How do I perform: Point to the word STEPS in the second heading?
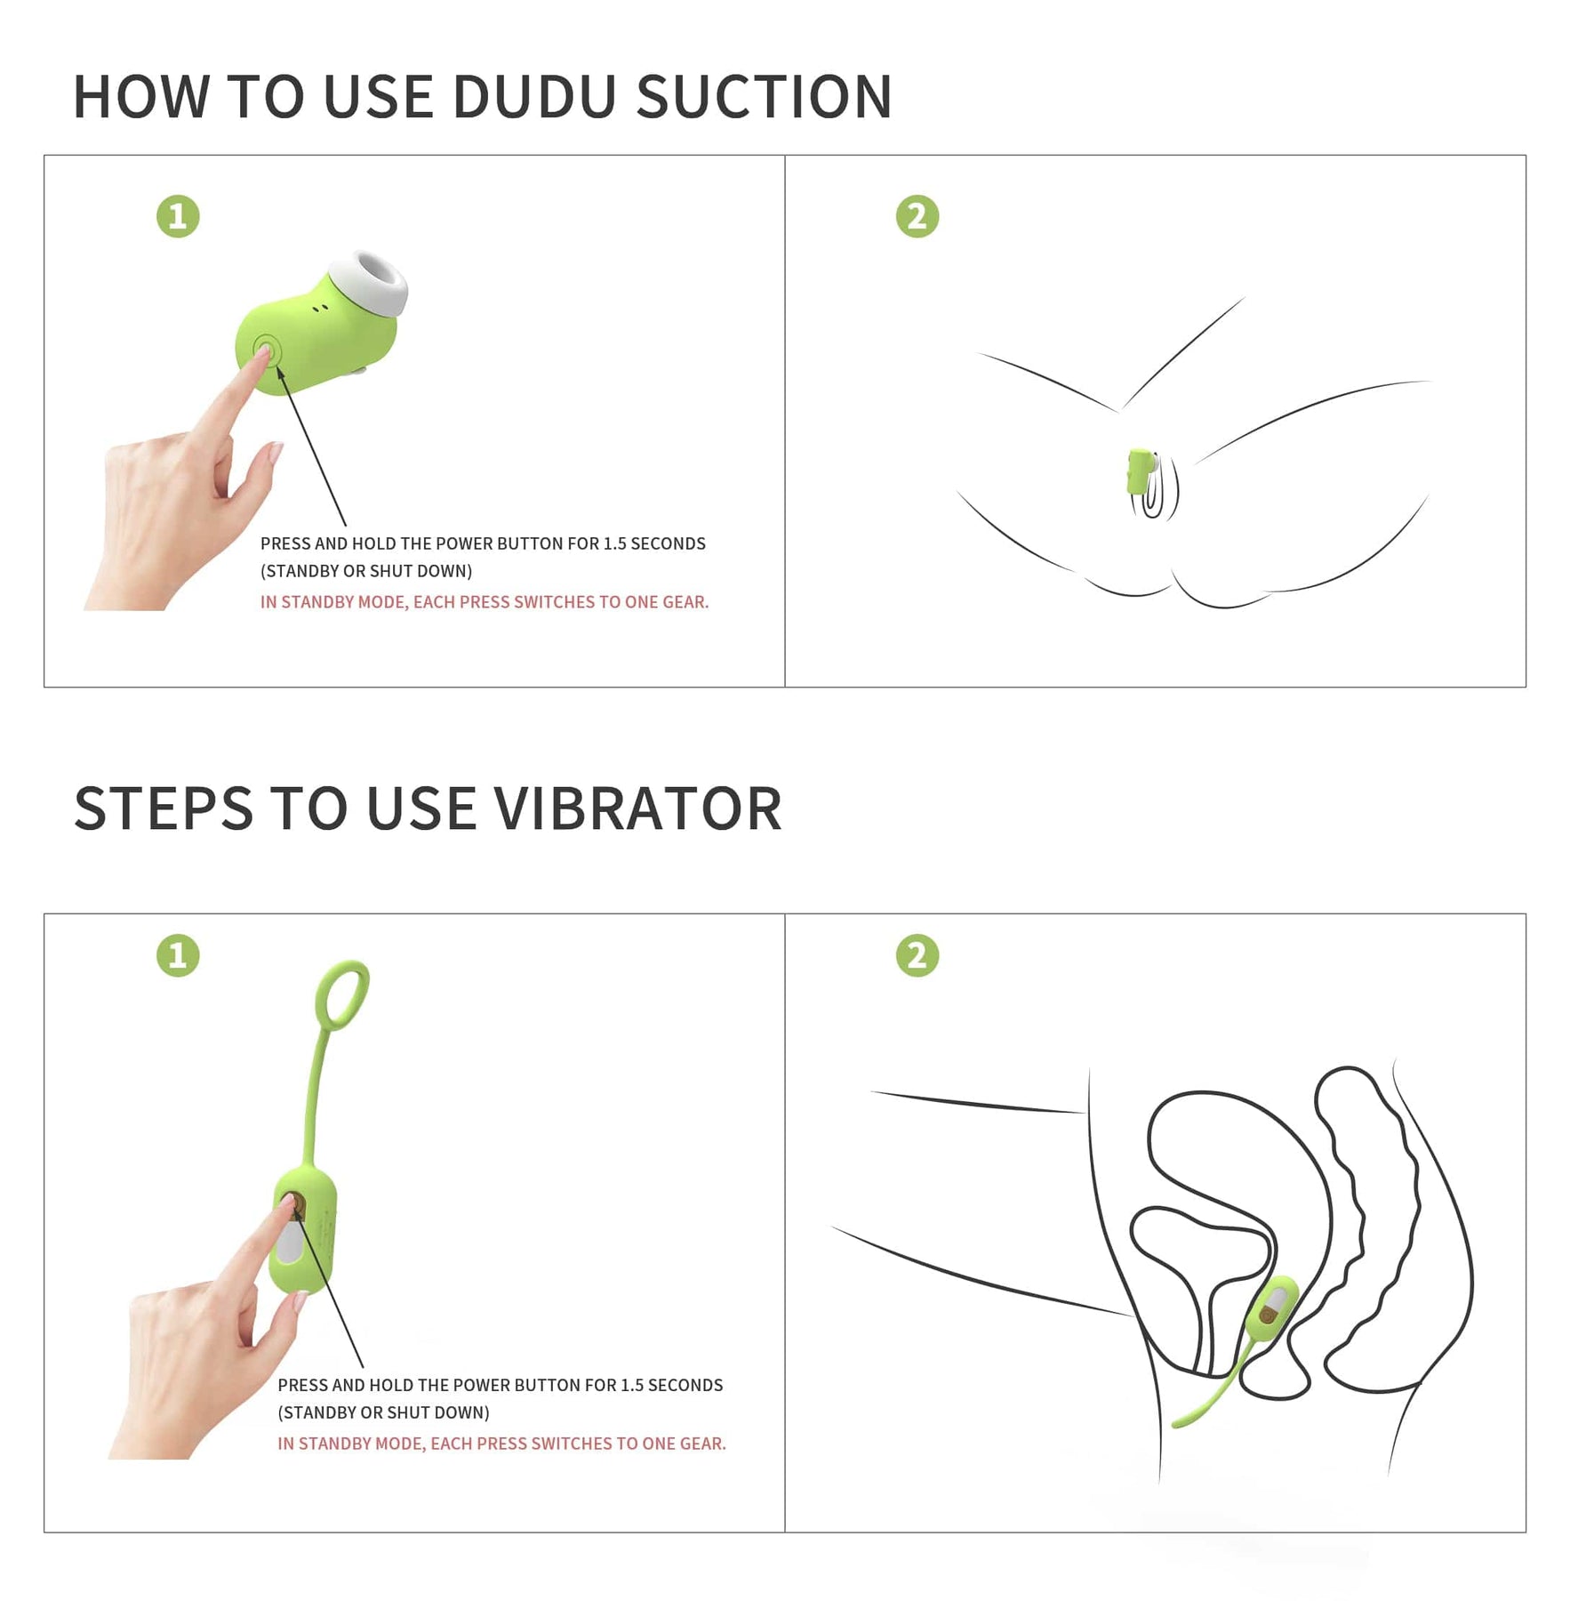(164, 809)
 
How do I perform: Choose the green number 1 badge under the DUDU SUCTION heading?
(178, 216)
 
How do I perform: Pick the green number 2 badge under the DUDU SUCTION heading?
(917, 216)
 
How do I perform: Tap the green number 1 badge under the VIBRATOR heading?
(178, 955)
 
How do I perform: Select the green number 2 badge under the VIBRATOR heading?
(917, 955)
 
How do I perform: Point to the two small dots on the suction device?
(321, 309)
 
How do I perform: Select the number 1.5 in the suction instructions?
(614, 543)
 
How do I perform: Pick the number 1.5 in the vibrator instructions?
(632, 1385)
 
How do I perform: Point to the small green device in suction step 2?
(1141, 472)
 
